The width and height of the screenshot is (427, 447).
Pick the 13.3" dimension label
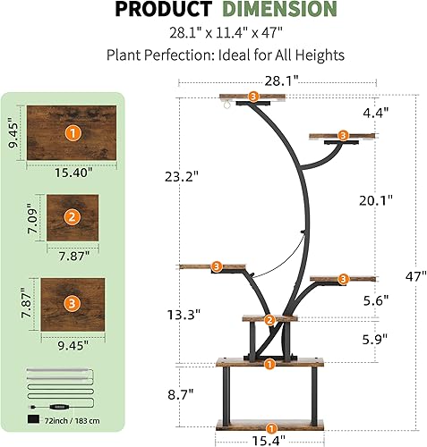coord(183,314)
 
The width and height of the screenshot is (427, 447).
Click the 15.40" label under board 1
coord(72,173)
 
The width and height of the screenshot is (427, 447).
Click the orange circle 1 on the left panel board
coord(72,132)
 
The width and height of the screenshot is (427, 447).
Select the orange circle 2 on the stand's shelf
coord(269,321)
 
